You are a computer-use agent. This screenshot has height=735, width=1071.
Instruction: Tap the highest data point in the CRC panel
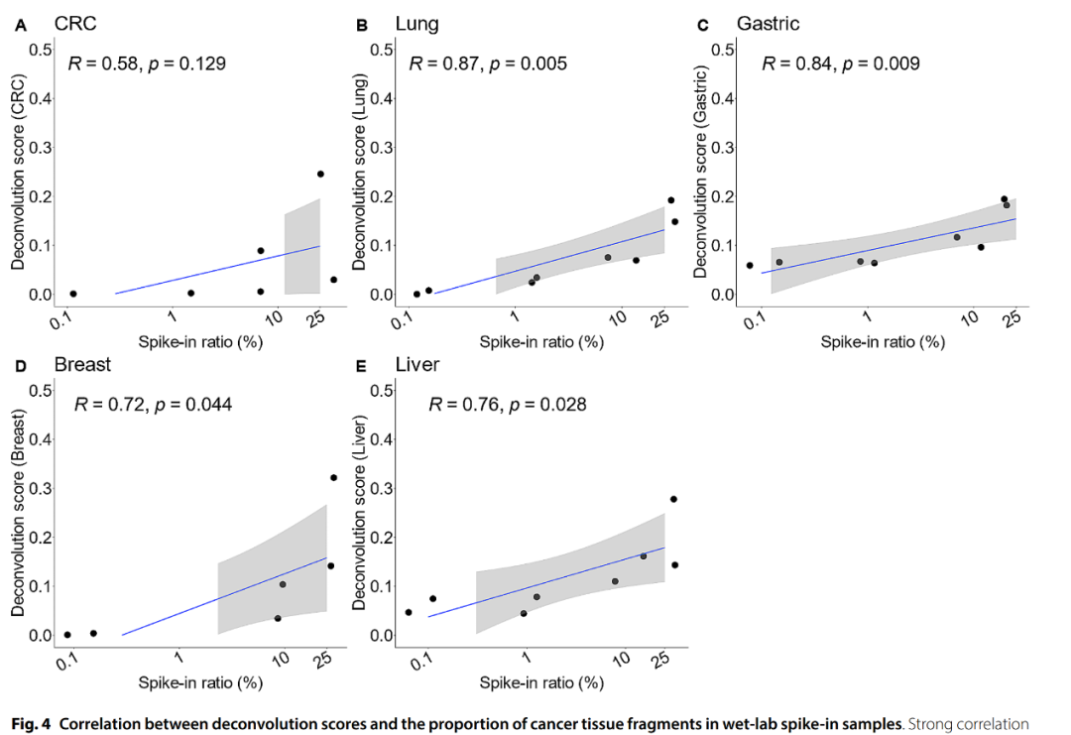click(320, 174)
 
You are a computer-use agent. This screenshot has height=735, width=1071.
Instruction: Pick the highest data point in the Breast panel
click(333, 477)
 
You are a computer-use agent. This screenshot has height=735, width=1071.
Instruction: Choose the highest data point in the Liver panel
click(673, 499)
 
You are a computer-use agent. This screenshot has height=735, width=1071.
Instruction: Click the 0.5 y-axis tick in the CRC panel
click(40, 50)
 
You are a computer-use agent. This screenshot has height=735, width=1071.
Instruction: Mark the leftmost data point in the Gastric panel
click(750, 265)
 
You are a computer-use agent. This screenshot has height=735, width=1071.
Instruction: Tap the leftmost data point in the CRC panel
click(73, 294)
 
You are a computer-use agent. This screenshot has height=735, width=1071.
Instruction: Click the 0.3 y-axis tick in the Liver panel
click(381, 488)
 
